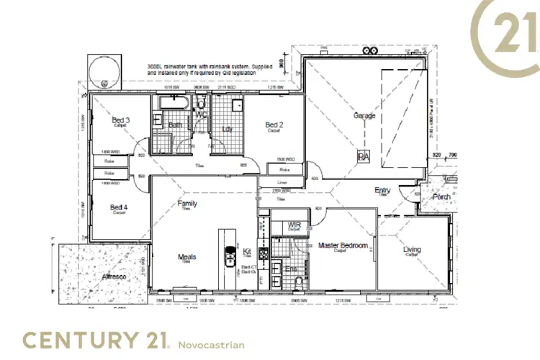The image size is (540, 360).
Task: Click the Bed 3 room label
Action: pos(120,120)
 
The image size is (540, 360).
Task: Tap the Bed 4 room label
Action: pos(120,207)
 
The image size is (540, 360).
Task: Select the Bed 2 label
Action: pos(274,125)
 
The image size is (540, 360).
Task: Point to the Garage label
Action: pos(364,115)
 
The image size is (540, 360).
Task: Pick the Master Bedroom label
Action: pos(343,246)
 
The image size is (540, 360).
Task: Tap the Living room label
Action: pos(413,250)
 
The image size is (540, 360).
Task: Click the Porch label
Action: pos(441,196)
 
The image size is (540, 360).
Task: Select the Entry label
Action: pos(382,190)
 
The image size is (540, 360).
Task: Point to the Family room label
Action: pos(187,204)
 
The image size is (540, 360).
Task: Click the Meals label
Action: pos(187,257)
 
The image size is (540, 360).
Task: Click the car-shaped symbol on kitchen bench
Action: pos(230,256)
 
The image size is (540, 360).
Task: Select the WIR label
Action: pos(294,225)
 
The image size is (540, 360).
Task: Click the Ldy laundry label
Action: pos(228,130)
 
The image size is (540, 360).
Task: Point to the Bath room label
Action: pos(175,125)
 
